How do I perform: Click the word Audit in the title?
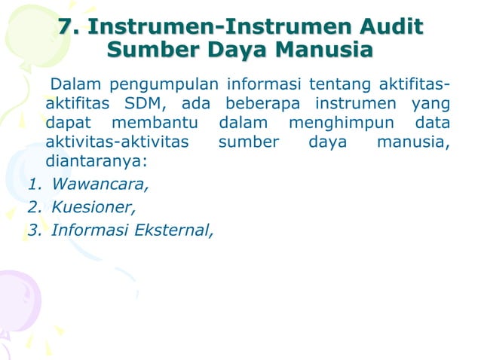tap(389, 29)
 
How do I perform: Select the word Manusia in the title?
tap(324, 51)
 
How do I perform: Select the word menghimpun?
tap(342, 122)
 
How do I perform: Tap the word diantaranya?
tap(95, 161)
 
